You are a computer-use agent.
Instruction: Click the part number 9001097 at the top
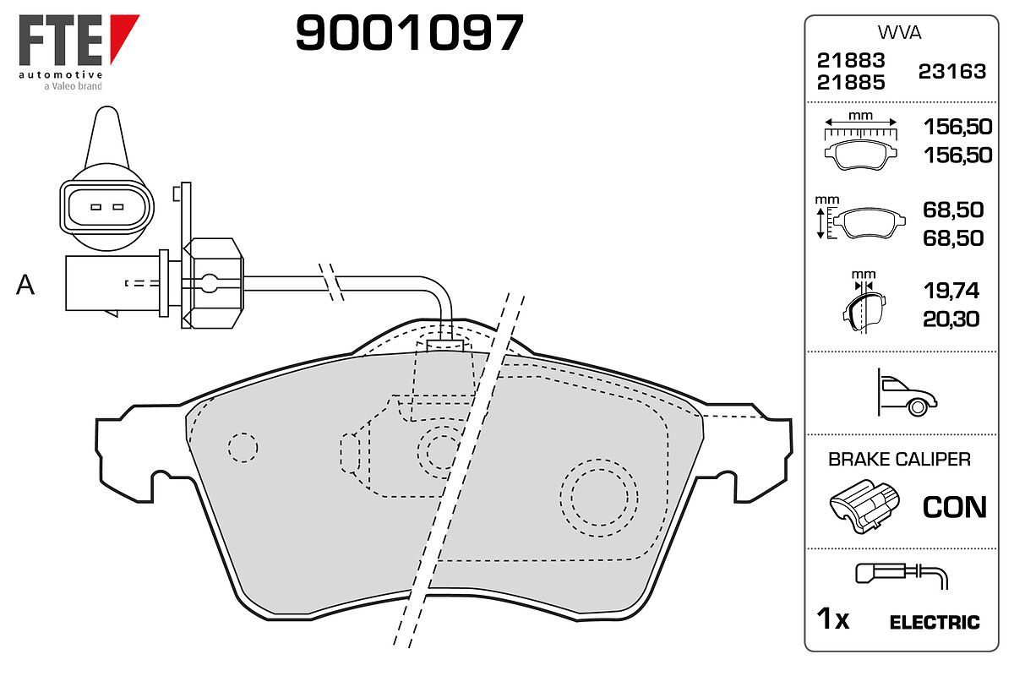tap(409, 32)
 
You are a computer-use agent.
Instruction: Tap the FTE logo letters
tap(61, 40)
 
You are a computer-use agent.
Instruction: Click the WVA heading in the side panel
tap(899, 33)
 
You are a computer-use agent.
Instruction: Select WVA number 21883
tap(851, 60)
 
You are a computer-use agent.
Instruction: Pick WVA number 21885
tap(851, 83)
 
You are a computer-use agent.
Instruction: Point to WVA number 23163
tap(952, 72)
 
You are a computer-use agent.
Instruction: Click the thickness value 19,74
tap(951, 290)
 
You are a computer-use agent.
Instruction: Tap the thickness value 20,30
tap(951, 319)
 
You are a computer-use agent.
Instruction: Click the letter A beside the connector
tap(25, 285)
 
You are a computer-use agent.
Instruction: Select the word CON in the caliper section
tap(954, 507)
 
